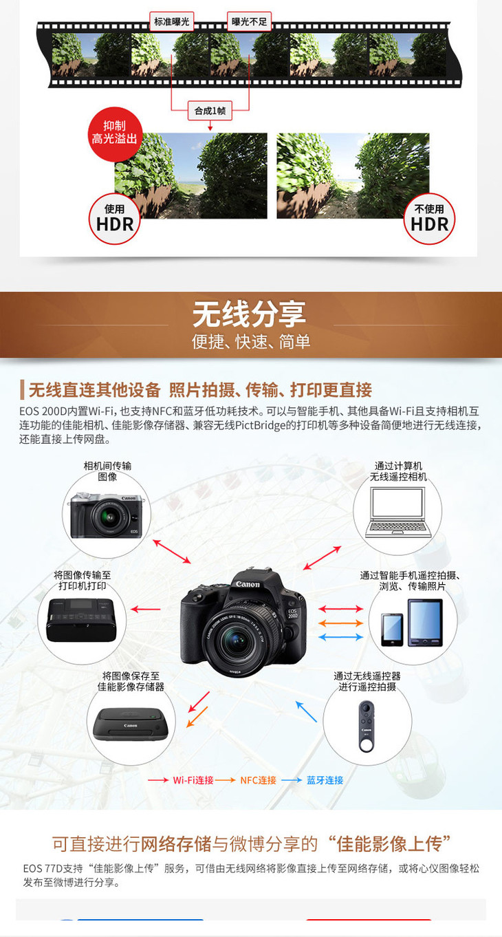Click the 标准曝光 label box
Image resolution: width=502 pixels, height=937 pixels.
tap(171, 21)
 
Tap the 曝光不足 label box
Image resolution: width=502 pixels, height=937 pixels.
tap(249, 21)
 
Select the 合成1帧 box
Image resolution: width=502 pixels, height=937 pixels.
tap(210, 111)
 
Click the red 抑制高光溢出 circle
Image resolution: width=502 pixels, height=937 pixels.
tap(114, 134)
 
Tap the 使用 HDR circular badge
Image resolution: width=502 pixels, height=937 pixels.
tap(115, 218)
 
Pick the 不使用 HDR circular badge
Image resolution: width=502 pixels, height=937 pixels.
tap(429, 218)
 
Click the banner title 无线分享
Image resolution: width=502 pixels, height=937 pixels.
tap(250, 314)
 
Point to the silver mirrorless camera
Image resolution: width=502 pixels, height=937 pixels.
tap(107, 515)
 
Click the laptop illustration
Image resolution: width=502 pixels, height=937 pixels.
tap(398, 512)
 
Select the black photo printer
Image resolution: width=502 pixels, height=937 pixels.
tap(81, 620)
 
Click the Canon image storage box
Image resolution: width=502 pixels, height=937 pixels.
tap(131, 724)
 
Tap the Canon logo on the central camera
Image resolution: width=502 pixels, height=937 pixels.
tap(248, 584)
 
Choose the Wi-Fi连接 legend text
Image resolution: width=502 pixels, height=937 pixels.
tap(193, 780)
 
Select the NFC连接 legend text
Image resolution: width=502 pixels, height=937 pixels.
tap(259, 780)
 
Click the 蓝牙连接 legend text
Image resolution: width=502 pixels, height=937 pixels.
tap(325, 780)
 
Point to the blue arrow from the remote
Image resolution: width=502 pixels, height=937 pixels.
tap(307, 711)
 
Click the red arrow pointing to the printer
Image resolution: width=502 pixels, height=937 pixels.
tap(146, 609)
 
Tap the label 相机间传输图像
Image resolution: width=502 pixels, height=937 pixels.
tap(107, 471)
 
